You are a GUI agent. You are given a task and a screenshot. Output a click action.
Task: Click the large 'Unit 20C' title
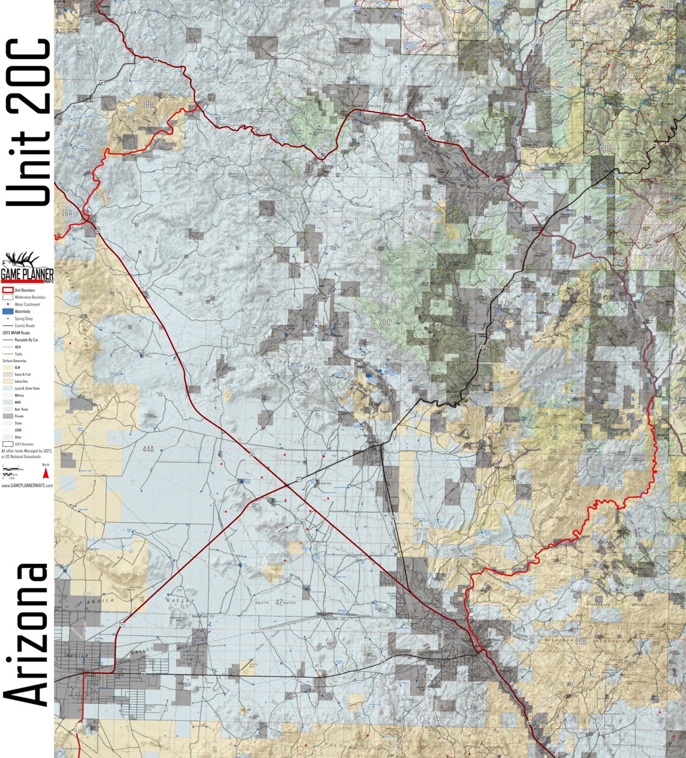tap(28, 121)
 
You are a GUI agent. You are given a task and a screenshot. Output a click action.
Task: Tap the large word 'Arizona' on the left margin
tap(28, 635)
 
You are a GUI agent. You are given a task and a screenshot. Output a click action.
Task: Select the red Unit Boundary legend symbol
tap(8, 291)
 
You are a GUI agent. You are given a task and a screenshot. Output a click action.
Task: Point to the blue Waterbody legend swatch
tap(8, 311)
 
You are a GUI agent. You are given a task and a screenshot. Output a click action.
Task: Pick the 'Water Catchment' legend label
tap(27, 304)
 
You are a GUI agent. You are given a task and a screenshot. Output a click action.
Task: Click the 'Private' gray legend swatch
tap(8, 416)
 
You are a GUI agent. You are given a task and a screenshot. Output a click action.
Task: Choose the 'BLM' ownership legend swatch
tap(8, 368)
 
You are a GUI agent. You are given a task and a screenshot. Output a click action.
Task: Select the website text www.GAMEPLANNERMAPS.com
tap(27, 485)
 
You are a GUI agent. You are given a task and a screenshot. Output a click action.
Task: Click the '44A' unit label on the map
tap(148, 449)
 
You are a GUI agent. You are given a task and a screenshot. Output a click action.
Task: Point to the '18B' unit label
tap(148, 105)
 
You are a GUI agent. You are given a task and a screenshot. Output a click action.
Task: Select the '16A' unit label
tap(67, 213)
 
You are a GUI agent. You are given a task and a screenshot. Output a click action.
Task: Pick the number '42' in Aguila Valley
tap(280, 602)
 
